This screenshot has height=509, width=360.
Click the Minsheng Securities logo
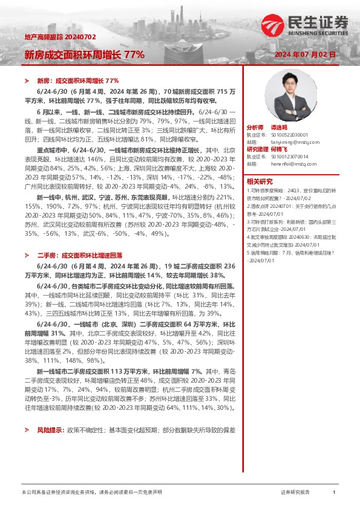pos(305,24)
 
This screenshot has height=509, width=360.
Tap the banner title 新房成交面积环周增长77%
pos(84,54)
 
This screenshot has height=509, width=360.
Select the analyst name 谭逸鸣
pos(278,128)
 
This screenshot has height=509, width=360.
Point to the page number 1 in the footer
pos(333,492)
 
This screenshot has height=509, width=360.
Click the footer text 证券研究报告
pos(295,492)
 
